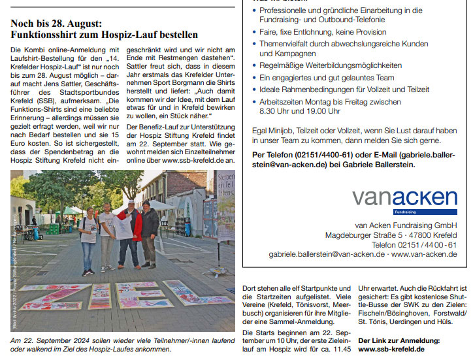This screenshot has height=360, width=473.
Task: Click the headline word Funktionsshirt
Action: pos(44,34)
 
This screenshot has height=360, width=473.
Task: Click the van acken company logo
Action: pos(404,197)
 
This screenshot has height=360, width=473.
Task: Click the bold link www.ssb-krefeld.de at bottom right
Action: pos(393,350)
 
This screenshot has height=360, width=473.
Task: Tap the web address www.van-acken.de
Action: pos(424,254)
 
